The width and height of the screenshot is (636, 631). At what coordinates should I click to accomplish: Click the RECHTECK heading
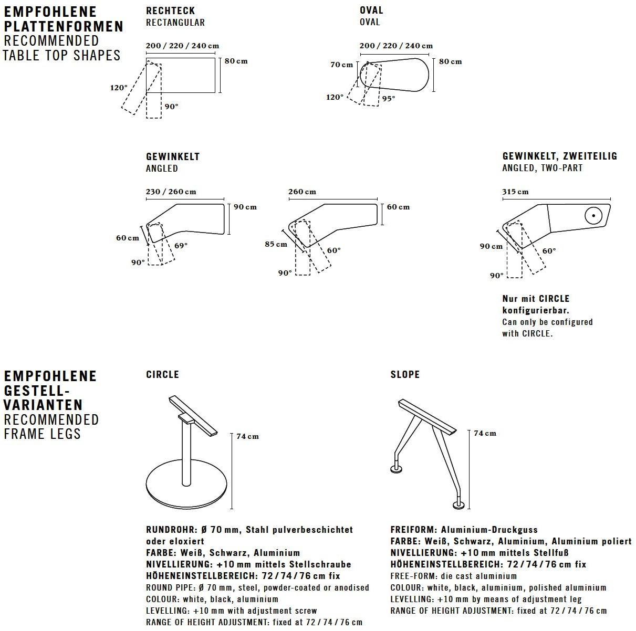170,10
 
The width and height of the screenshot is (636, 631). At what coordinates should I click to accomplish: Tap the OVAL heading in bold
371,10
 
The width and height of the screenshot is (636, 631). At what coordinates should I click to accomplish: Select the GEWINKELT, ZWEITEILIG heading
560,156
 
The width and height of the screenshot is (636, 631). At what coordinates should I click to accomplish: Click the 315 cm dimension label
515,192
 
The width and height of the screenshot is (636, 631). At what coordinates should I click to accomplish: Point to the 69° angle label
181,245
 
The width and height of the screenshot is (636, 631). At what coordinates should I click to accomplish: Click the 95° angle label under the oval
389,98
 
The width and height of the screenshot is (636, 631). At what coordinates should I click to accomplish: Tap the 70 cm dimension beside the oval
341,65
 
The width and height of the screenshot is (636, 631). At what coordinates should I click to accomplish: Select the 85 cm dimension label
276,244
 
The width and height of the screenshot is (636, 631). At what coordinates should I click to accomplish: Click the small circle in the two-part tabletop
592,215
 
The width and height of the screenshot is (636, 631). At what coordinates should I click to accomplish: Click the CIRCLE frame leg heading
162,374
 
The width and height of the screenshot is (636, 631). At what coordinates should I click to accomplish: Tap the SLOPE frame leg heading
405,374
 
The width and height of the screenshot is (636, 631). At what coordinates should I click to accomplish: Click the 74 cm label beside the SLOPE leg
485,433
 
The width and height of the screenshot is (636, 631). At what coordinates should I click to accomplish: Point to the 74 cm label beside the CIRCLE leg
247,436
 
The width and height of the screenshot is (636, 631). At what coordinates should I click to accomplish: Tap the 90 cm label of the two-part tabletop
491,246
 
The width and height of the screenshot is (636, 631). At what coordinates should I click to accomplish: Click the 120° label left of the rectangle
119,88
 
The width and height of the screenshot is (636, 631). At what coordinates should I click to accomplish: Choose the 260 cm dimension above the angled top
302,192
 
